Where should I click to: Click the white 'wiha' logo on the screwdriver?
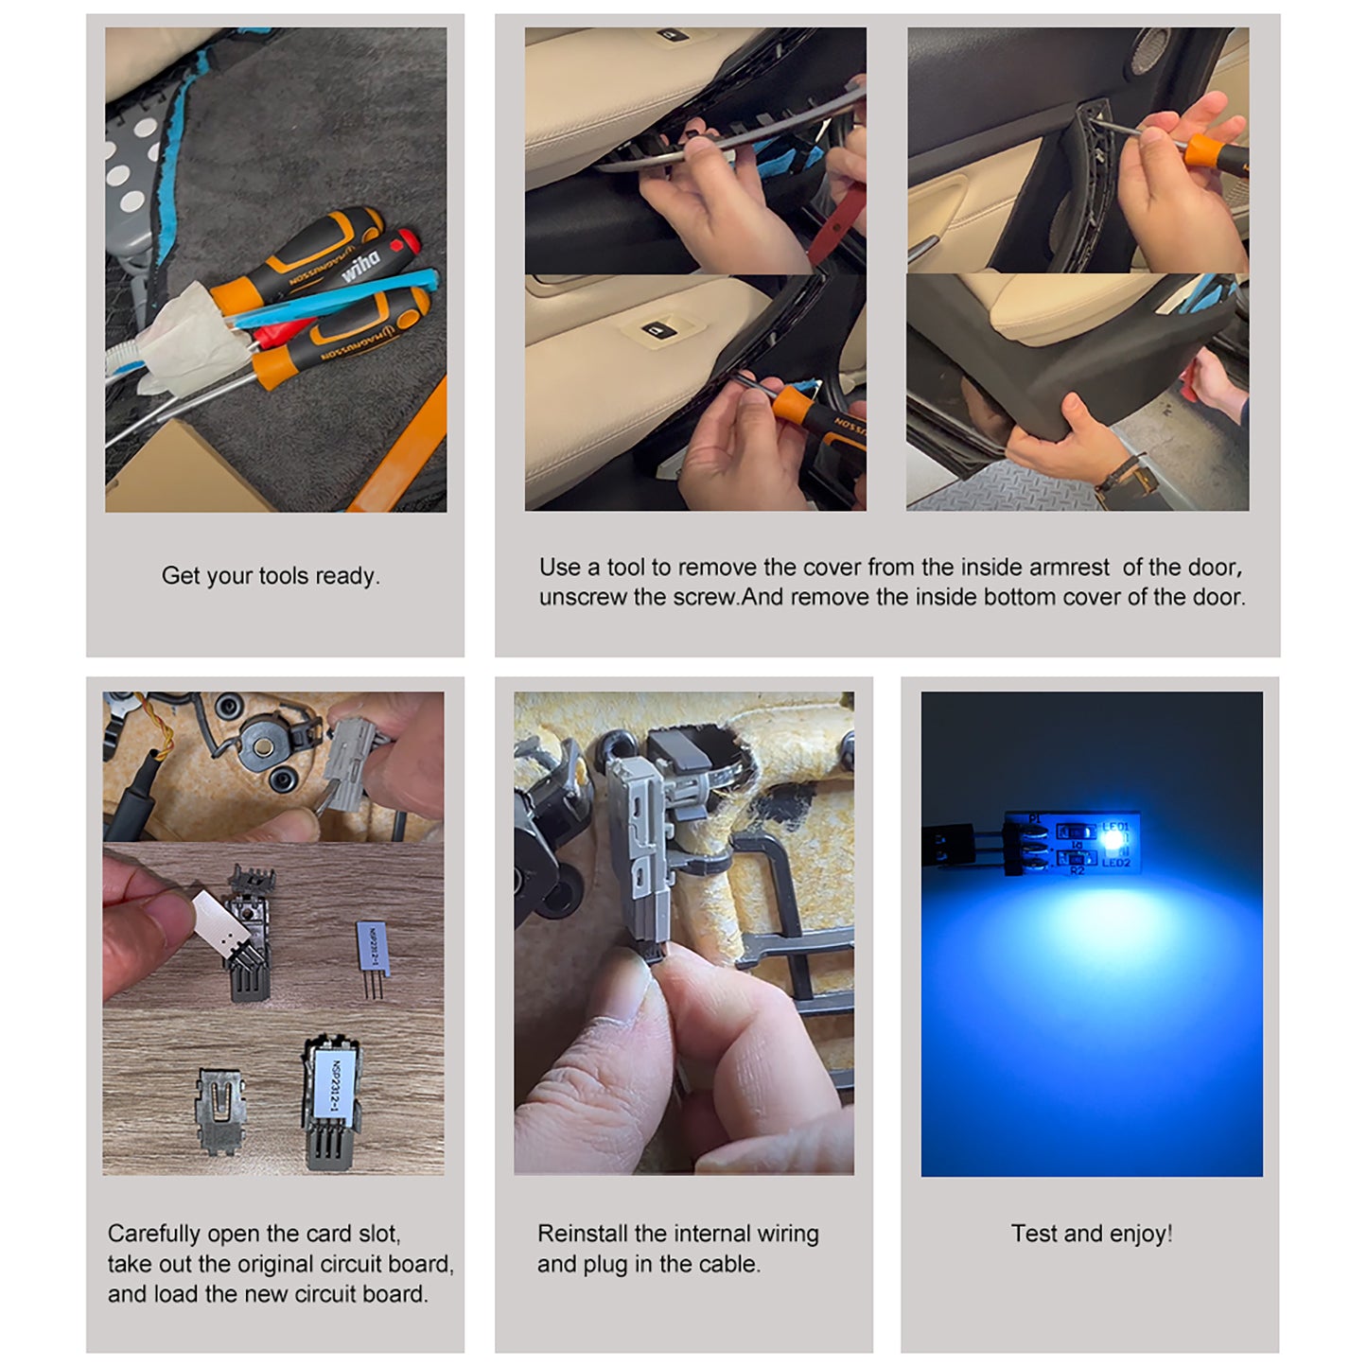(360, 266)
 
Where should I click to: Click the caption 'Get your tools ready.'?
(271, 576)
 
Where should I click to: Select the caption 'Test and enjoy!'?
(1091, 1234)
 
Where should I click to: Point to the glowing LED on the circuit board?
(1113, 838)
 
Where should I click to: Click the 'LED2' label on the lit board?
(1115, 863)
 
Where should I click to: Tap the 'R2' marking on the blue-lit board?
(1077, 870)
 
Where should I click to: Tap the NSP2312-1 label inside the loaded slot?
(336, 1083)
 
